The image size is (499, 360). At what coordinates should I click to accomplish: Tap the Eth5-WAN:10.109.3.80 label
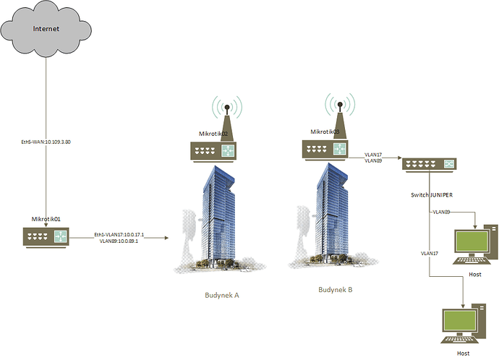[x=46, y=142]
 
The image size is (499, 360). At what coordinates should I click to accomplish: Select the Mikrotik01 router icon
[x=46, y=237]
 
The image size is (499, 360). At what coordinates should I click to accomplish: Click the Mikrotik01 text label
[x=46, y=219]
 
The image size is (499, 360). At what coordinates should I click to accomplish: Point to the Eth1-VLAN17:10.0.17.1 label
[x=119, y=235]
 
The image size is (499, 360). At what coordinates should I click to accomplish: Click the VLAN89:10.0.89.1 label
[x=119, y=241]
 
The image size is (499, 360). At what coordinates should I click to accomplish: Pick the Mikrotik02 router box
[x=213, y=151]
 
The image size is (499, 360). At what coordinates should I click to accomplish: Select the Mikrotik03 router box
[x=325, y=149]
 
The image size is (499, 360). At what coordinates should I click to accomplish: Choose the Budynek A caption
[x=222, y=296]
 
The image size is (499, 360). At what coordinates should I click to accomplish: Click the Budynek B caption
[x=336, y=290]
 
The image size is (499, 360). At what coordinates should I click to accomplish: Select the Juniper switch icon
[x=429, y=165]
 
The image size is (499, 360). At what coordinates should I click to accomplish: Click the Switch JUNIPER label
[x=432, y=195]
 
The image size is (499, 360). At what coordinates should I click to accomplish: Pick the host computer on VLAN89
[x=475, y=244]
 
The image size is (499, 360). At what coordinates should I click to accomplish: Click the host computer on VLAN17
[x=464, y=323]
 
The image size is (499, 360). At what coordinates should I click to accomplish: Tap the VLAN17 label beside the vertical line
[x=430, y=254]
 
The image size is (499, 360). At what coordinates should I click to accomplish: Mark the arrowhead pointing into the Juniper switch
[x=400, y=158]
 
